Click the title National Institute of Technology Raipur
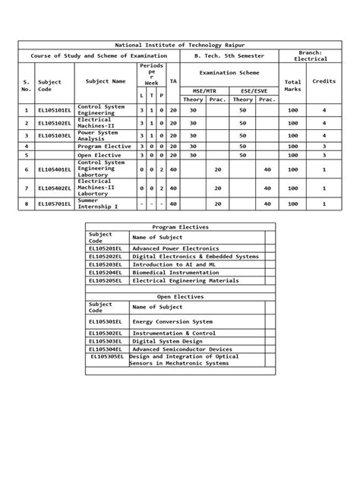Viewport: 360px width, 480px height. [x=179, y=46]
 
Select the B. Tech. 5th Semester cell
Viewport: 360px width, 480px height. [x=229, y=57]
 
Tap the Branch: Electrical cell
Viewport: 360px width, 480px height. [x=311, y=56]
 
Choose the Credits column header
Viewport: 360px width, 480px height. [x=324, y=80]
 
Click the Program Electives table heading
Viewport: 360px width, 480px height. [x=179, y=227]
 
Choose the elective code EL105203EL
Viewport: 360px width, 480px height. [x=106, y=264]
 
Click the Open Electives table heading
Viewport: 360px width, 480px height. [x=179, y=297]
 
